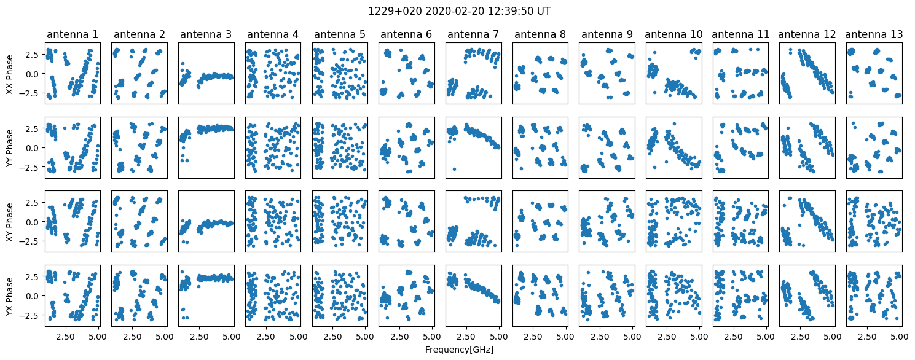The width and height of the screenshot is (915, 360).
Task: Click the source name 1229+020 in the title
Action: coord(395,11)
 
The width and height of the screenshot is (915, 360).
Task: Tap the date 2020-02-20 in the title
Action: coord(450,11)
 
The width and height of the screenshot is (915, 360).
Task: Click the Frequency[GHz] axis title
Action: coord(459,350)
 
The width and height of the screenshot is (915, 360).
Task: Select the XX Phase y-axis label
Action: coord(10,74)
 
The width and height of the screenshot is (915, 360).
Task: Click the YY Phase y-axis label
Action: coord(10,148)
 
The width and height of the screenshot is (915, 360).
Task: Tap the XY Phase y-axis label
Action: coord(10,222)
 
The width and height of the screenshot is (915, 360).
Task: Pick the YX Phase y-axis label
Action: coord(10,296)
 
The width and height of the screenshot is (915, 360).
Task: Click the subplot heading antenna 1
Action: coord(73,34)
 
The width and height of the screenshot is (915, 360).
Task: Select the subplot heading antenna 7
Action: coord(473,34)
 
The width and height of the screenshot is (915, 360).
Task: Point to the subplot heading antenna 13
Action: coord(874,34)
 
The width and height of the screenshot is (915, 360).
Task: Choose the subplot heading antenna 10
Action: coord(673,34)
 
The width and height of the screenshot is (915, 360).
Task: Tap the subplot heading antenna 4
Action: coord(273,34)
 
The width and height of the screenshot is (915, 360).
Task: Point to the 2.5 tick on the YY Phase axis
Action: coord(34,128)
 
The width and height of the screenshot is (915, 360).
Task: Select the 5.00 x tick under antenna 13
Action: coord(899,337)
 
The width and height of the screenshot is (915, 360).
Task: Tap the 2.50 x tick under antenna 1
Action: coord(65,337)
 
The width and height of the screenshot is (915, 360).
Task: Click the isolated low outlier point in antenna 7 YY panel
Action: coord(454,169)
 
